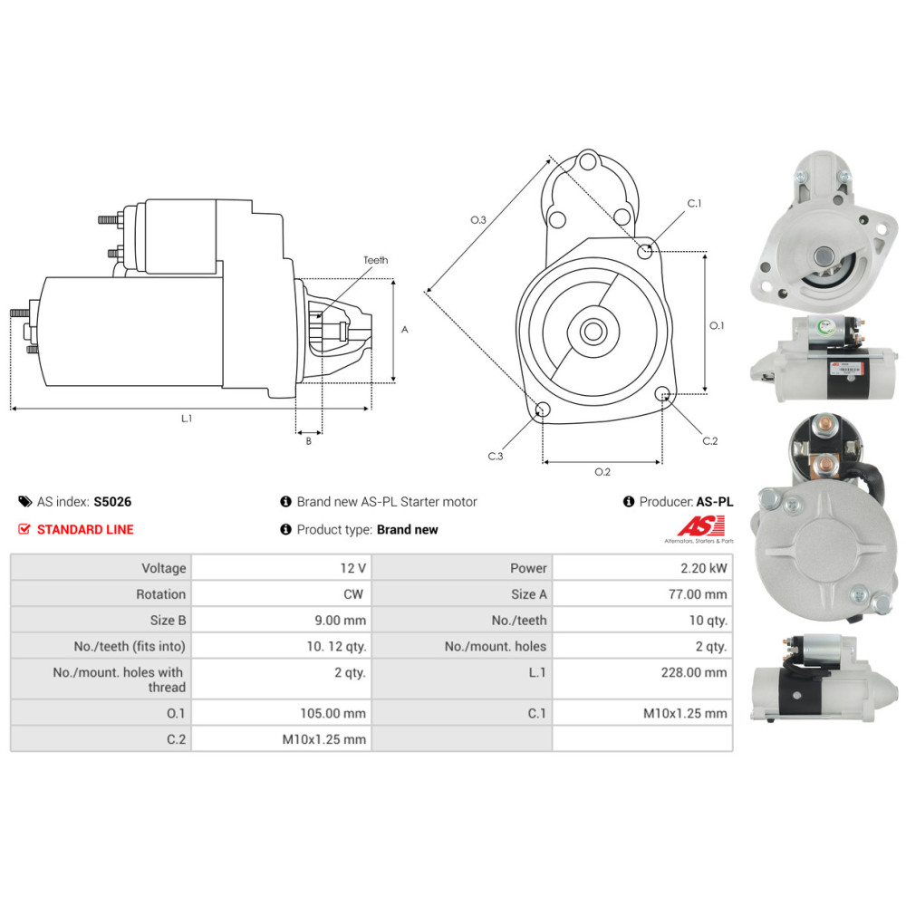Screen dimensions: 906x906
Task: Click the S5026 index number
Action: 112,502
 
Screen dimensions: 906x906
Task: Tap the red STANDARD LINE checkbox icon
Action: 24,529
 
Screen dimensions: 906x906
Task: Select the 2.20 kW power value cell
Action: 642,568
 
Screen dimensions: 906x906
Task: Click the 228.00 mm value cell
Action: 642,679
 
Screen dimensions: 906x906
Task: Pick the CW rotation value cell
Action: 282,594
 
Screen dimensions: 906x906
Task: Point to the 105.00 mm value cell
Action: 282,713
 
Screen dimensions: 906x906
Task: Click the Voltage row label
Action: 164,569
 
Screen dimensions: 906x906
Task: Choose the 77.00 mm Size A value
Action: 698,594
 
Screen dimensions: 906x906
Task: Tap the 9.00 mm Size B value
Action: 341,620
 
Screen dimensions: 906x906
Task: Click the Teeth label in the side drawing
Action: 376,260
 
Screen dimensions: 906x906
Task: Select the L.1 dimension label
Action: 187,419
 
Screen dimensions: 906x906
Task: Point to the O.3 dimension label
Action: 478,219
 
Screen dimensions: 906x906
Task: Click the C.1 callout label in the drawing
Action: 695,203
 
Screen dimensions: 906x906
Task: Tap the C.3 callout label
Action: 496,456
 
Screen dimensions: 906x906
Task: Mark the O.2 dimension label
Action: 602,472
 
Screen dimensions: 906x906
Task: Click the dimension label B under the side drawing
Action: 309,441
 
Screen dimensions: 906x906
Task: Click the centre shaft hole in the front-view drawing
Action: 593,332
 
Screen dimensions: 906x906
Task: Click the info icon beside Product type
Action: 285,529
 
